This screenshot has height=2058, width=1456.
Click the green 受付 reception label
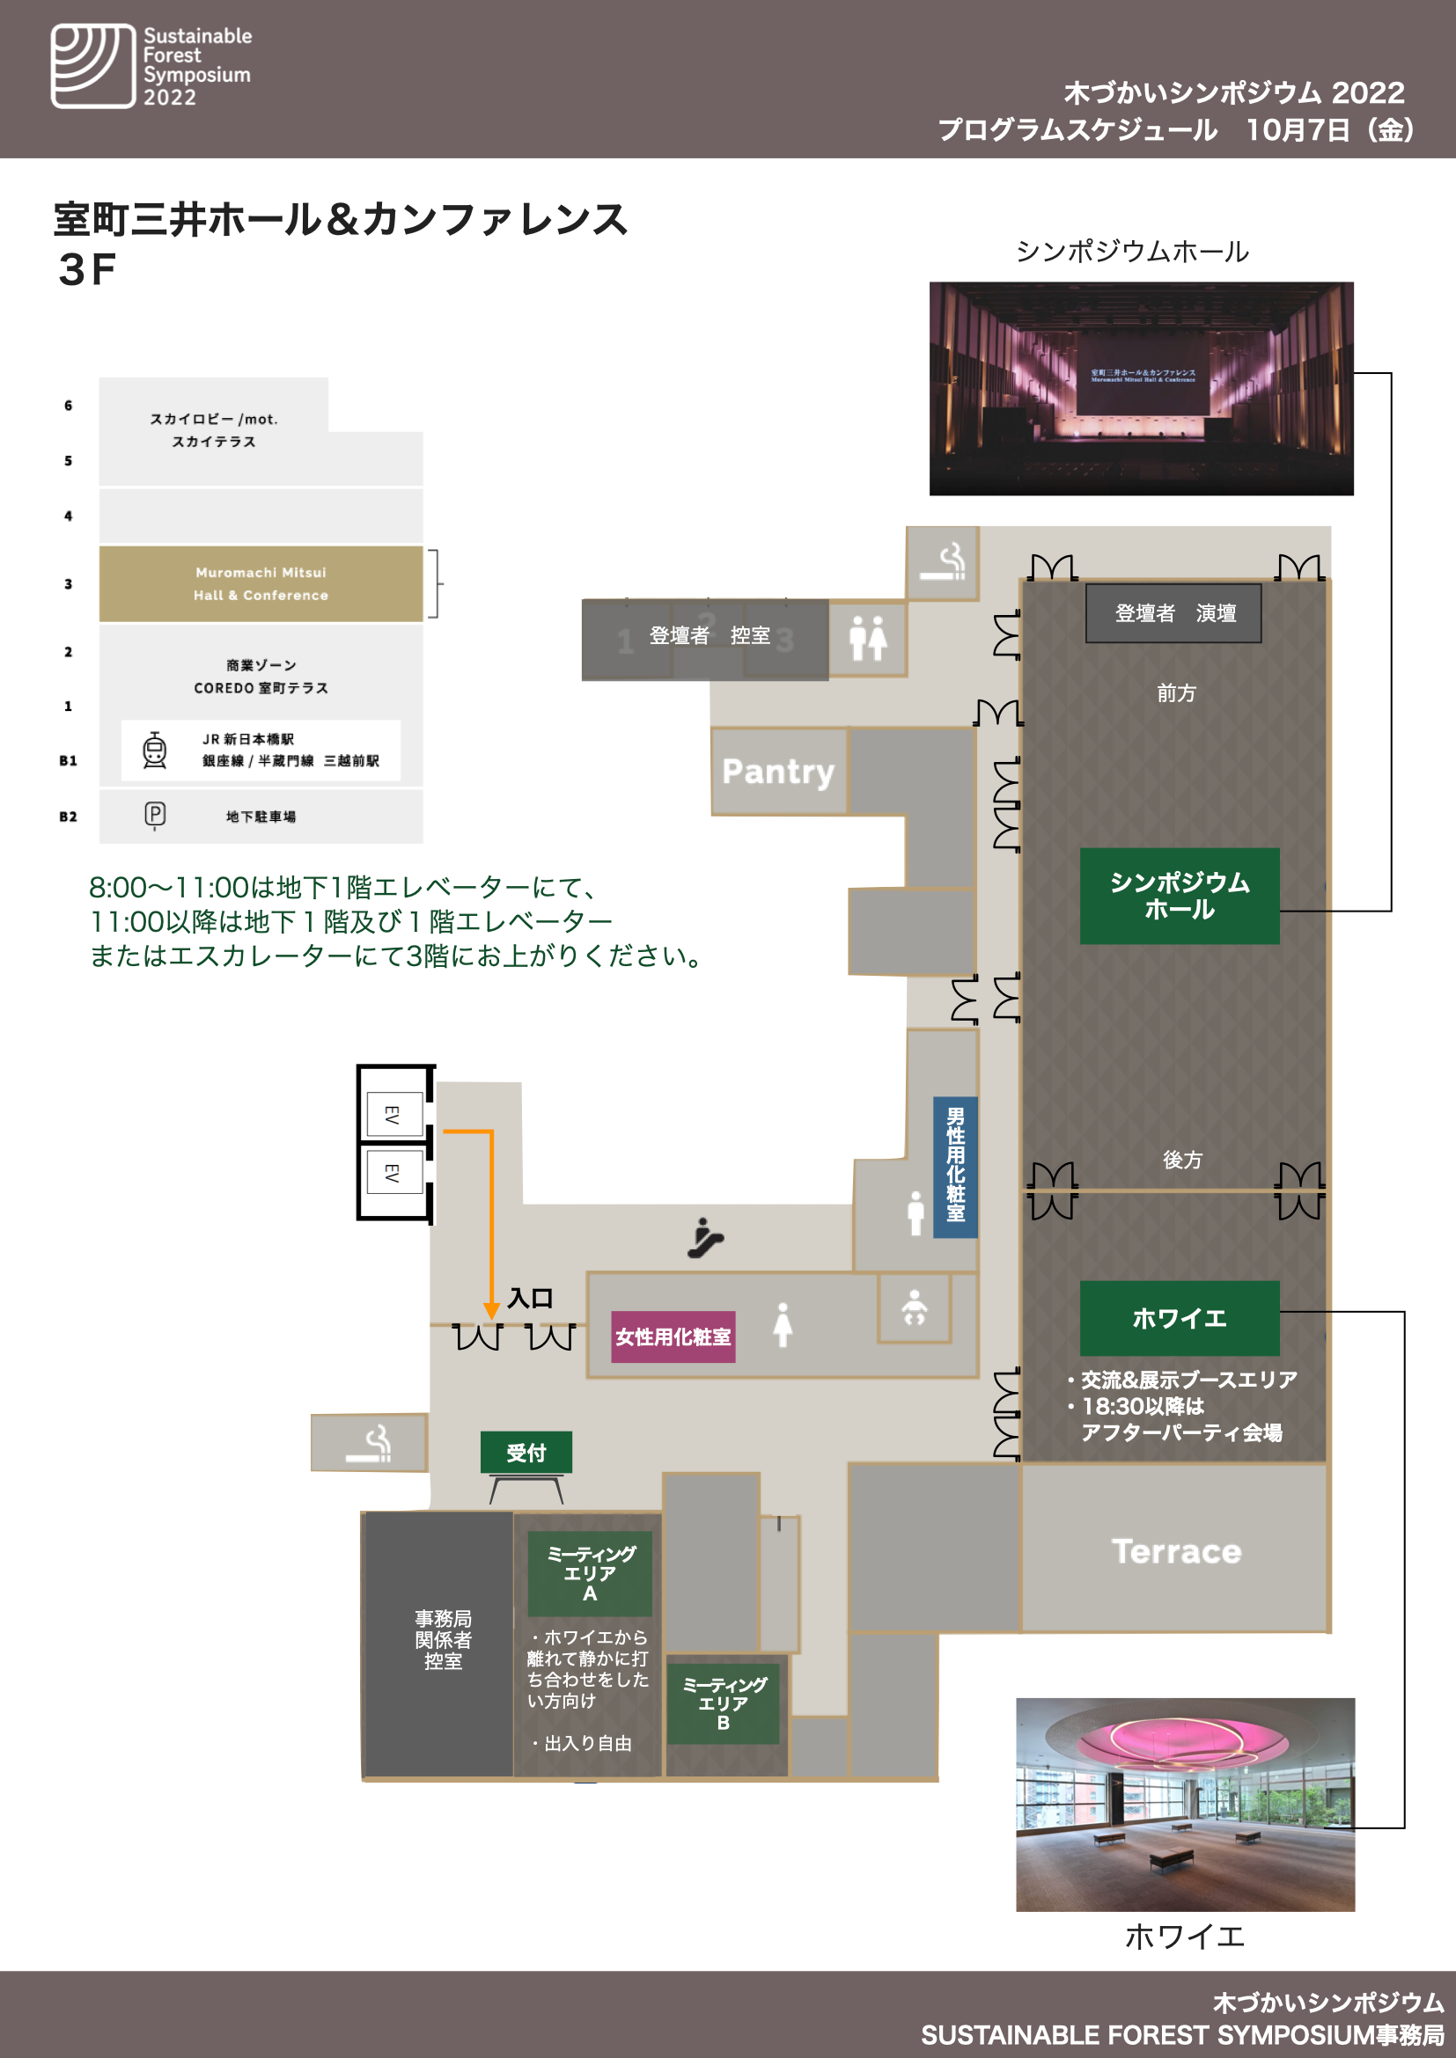tap(526, 1452)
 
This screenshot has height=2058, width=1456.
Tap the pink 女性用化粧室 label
tap(673, 1337)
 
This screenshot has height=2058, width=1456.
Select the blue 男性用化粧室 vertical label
tap(955, 1165)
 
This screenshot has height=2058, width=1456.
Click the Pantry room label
tap(777, 772)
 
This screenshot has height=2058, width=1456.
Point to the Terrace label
tap(1175, 1551)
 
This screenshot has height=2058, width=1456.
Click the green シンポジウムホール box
tap(1179, 896)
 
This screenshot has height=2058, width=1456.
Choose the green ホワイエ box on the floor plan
tap(1179, 1318)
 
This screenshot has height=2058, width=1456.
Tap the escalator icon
tap(705, 1238)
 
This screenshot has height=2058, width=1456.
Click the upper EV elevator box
tap(393, 1114)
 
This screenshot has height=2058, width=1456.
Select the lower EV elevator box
tap(393, 1172)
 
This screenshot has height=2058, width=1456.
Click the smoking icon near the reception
tap(371, 1443)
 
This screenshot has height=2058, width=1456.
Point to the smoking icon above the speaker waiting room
tap(943, 562)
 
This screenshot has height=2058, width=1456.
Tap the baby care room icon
tap(914, 1307)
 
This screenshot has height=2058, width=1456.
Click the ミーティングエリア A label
tap(589, 1574)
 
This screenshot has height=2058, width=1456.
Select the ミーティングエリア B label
tap(723, 1704)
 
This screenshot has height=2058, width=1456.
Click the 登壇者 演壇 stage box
tap(1173, 613)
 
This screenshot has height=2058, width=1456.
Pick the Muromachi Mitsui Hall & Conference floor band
tap(260, 583)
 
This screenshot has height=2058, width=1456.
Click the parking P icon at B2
tap(155, 814)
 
